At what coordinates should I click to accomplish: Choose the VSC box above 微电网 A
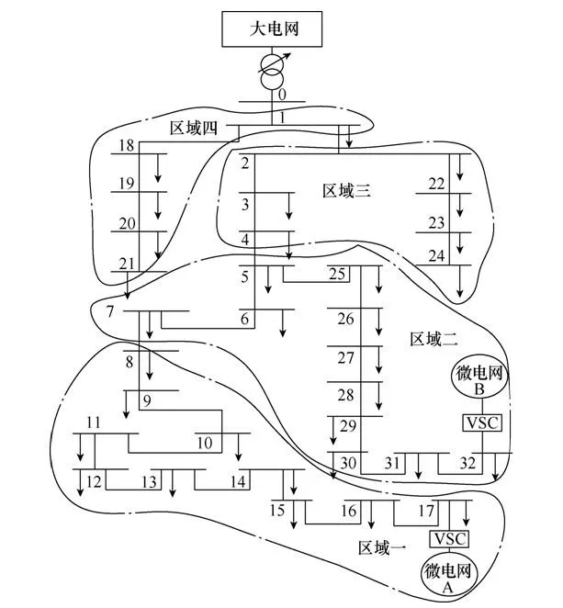tap(450, 538)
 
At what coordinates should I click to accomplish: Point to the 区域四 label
tap(194, 127)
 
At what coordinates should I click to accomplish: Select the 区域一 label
tap(382, 548)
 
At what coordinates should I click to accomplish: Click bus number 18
tap(127, 146)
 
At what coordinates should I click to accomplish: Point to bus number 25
tap(337, 274)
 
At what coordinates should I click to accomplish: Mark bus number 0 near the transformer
tap(282, 95)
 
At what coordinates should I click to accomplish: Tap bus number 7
tap(109, 311)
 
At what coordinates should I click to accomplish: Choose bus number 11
tap(93, 422)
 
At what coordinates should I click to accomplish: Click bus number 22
tap(436, 184)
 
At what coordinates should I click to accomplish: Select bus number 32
tap(468, 462)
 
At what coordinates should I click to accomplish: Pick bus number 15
tap(278, 510)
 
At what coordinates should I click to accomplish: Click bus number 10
tap(204, 443)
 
